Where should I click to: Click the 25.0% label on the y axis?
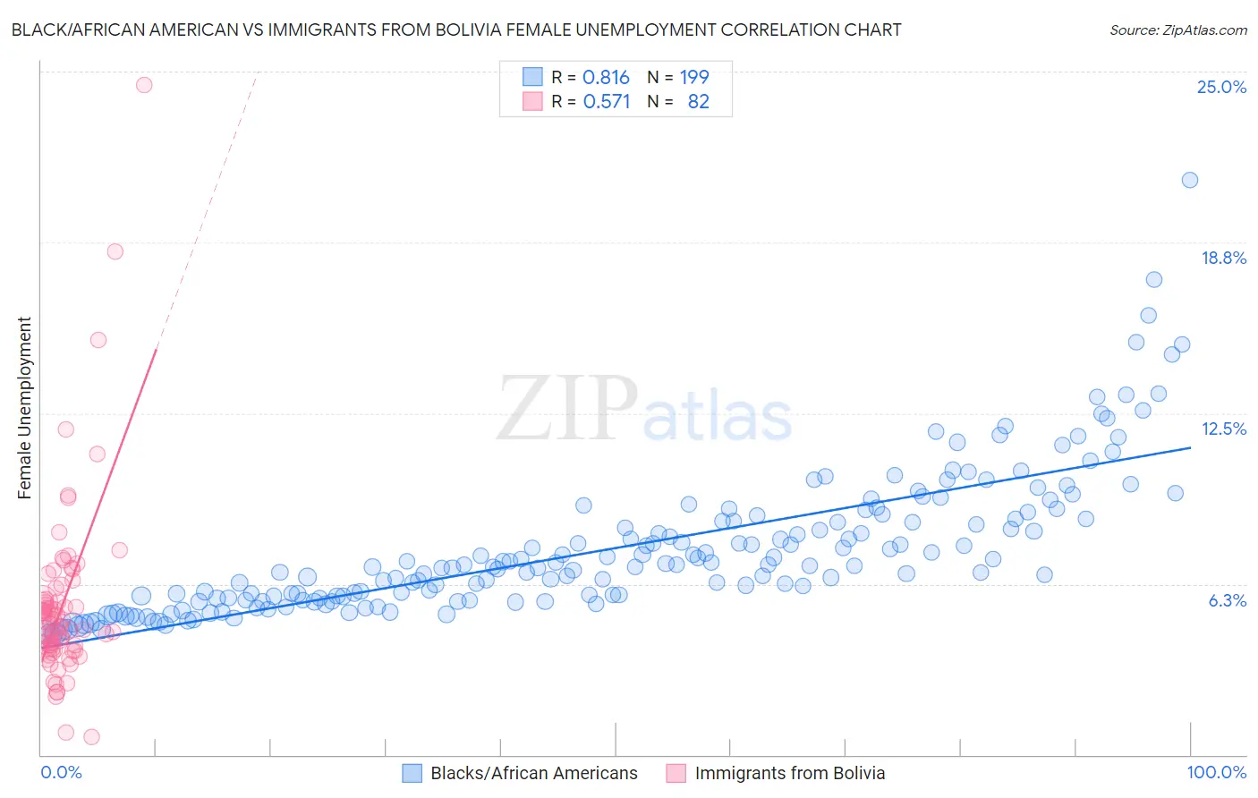click(x=1221, y=87)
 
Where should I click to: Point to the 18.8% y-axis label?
click(x=1223, y=258)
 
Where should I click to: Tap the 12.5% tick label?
click(x=1223, y=429)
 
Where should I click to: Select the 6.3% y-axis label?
click(x=1227, y=600)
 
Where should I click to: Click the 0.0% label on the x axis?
click(x=61, y=772)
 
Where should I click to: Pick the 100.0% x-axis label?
click(x=1216, y=772)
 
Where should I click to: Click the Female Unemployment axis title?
click(x=24, y=407)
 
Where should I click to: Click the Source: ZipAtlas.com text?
click(x=1177, y=30)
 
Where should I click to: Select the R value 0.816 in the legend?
click(x=606, y=78)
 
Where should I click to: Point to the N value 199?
click(x=694, y=78)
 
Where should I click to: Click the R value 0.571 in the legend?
click(x=607, y=102)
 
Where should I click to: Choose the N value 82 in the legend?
click(x=698, y=102)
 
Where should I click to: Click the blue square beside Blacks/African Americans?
click(x=412, y=773)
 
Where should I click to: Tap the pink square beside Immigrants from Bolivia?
click(x=676, y=773)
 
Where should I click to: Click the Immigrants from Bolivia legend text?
click(x=789, y=773)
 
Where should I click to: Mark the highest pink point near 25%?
click(x=144, y=85)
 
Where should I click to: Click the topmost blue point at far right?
click(x=1189, y=180)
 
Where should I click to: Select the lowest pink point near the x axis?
click(x=91, y=737)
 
